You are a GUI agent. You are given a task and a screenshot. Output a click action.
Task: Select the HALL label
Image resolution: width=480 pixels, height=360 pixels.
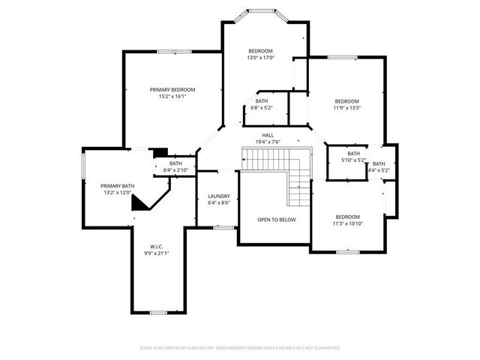pyautogui.click(x=267, y=135)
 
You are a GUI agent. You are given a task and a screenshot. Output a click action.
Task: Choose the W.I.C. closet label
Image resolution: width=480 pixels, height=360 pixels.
pyautogui.click(x=156, y=246)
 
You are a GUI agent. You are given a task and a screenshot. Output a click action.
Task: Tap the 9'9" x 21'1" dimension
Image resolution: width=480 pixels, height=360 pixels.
pyautogui.click(x=156, y=253)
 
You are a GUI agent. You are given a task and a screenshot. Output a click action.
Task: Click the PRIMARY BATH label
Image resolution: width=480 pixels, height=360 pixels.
pyautogui.click(x=118, y=185)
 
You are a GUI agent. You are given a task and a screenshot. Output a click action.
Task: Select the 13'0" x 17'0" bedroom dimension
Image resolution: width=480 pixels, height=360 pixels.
pyautogui.click(x=261, y=58)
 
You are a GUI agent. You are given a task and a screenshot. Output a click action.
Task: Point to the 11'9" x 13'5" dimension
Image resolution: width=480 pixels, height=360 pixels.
pyautogui.click(x=346, y=108)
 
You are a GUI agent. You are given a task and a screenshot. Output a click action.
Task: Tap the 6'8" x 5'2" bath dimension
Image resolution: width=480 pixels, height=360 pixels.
pyautogui.click(x=262, y=107)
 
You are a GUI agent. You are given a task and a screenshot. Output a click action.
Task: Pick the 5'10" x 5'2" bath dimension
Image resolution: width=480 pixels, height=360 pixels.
pyautogui.click(x=353, y=160)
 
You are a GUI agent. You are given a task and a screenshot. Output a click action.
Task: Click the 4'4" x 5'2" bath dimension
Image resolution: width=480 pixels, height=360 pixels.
pyautogui.click(x=379, y=170)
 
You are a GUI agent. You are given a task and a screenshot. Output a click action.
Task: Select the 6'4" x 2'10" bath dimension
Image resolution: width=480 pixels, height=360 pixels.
pyautogui.click(x=175, y=170)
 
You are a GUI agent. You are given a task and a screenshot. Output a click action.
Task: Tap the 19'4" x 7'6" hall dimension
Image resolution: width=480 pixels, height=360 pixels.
pyautogui.click(x=267, y=142)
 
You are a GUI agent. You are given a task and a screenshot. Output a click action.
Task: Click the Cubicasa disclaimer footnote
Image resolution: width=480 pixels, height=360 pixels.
pyautogui.click(x=240, y=348)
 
